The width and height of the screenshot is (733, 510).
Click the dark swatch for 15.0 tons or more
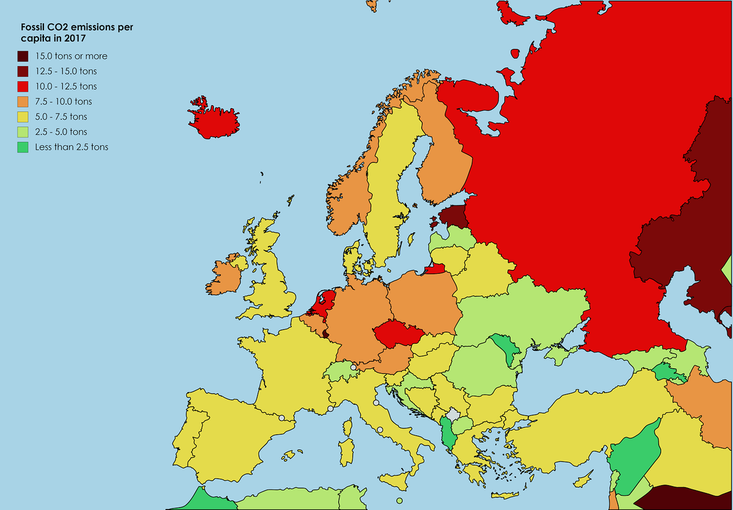coord(23,56)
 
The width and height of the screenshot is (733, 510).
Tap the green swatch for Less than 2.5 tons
coord(23,147)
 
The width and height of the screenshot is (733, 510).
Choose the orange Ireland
coord(226,275)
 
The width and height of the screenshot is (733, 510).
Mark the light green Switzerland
coord(340,371)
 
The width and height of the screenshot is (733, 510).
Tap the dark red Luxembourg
coord(325,333)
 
